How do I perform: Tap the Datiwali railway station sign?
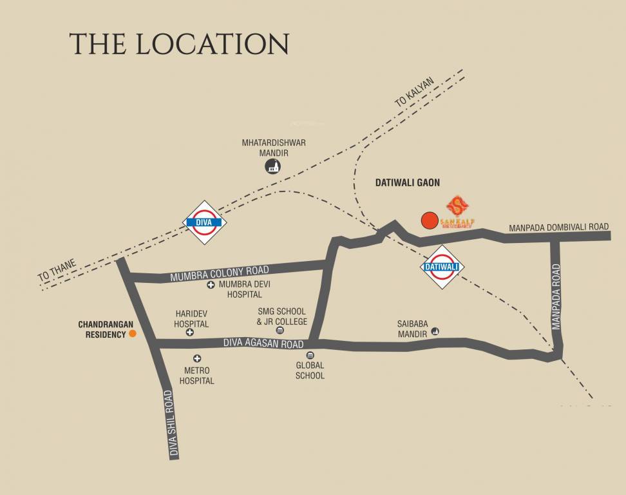(443, 267)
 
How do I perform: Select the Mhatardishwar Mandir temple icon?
(272, 168)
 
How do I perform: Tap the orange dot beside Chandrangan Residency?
(133, 333)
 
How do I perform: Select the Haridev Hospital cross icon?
(190, 333)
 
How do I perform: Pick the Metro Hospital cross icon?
(197, 358)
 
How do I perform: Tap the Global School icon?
(310, 355)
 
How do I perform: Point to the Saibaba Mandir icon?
(436, 331)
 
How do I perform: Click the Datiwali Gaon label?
(407, 183)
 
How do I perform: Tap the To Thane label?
(57, 269)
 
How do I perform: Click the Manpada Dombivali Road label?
(558, 227)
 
